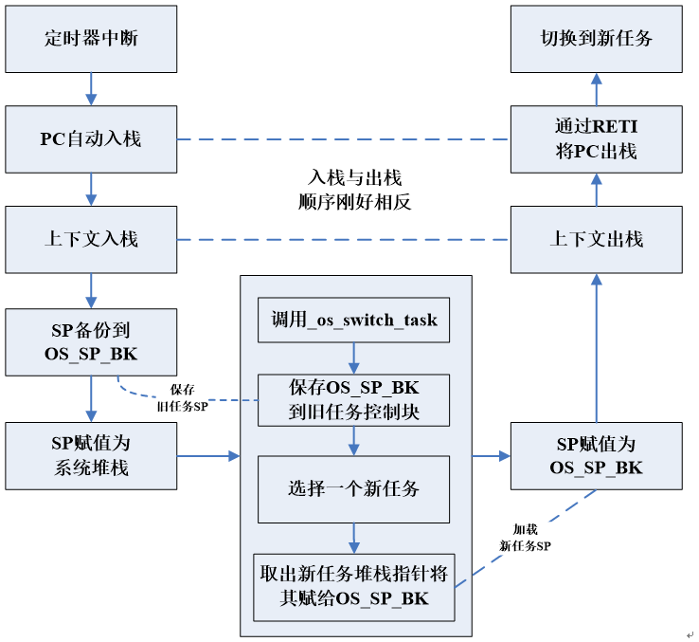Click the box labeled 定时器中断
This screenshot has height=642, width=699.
[x=91, y=39]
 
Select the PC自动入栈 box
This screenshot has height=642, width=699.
[x=91, y=138]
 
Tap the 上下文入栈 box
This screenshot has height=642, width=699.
[x=91, y=239]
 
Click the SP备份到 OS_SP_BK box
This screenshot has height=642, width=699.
[x=91, y=341]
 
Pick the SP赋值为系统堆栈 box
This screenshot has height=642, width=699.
[x=91, y=455]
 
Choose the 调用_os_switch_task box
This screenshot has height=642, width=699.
[x=354, y=320]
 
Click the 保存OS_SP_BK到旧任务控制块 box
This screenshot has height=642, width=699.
[x=354, y=399]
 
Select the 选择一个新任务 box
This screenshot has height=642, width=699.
[x=354, y=489]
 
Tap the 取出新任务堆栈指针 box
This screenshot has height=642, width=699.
[x=354, y=586]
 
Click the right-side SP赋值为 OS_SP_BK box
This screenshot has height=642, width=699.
[x=596, y=455]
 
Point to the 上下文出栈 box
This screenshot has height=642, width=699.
[x=596, y=239]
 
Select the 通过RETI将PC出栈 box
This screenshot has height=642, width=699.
[x=596, y=138]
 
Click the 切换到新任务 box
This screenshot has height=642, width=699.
[x=596, y=39]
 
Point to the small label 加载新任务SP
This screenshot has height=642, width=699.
[x=525, y=539]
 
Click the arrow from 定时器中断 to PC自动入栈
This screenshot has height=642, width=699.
[x=91, y=89]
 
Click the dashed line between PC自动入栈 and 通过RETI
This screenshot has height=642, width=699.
[x=343, y=139]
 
